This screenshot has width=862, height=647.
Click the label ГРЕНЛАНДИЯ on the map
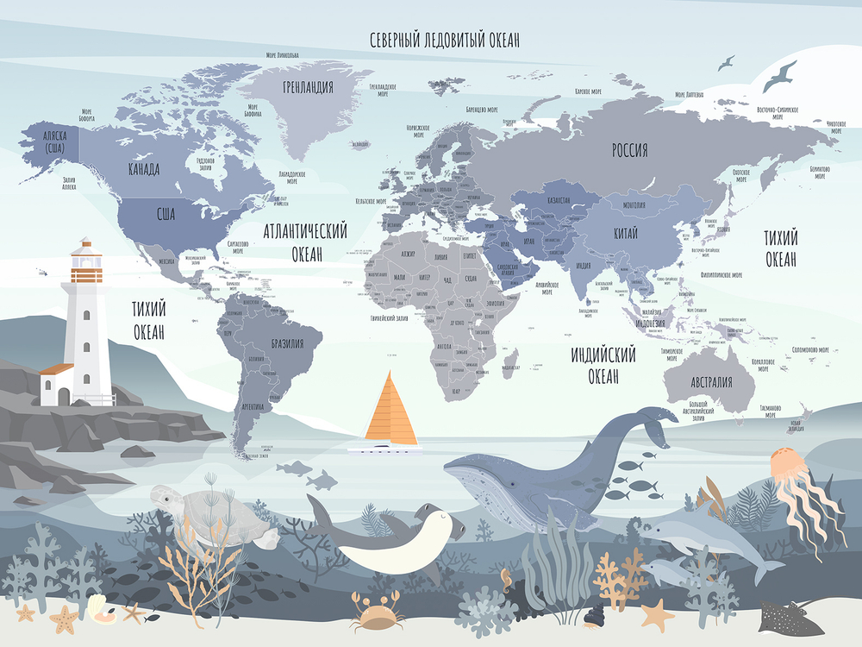click(308, 87)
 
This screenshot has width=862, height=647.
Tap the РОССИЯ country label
click(629, 150)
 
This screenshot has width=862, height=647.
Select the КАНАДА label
click(143, 169)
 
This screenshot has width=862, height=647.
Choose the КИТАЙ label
click(627, 234)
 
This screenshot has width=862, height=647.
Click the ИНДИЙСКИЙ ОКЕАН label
click(603, 366)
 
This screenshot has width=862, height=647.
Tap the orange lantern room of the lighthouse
click(86, 273)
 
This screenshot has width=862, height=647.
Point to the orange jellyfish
click(790, 467)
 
